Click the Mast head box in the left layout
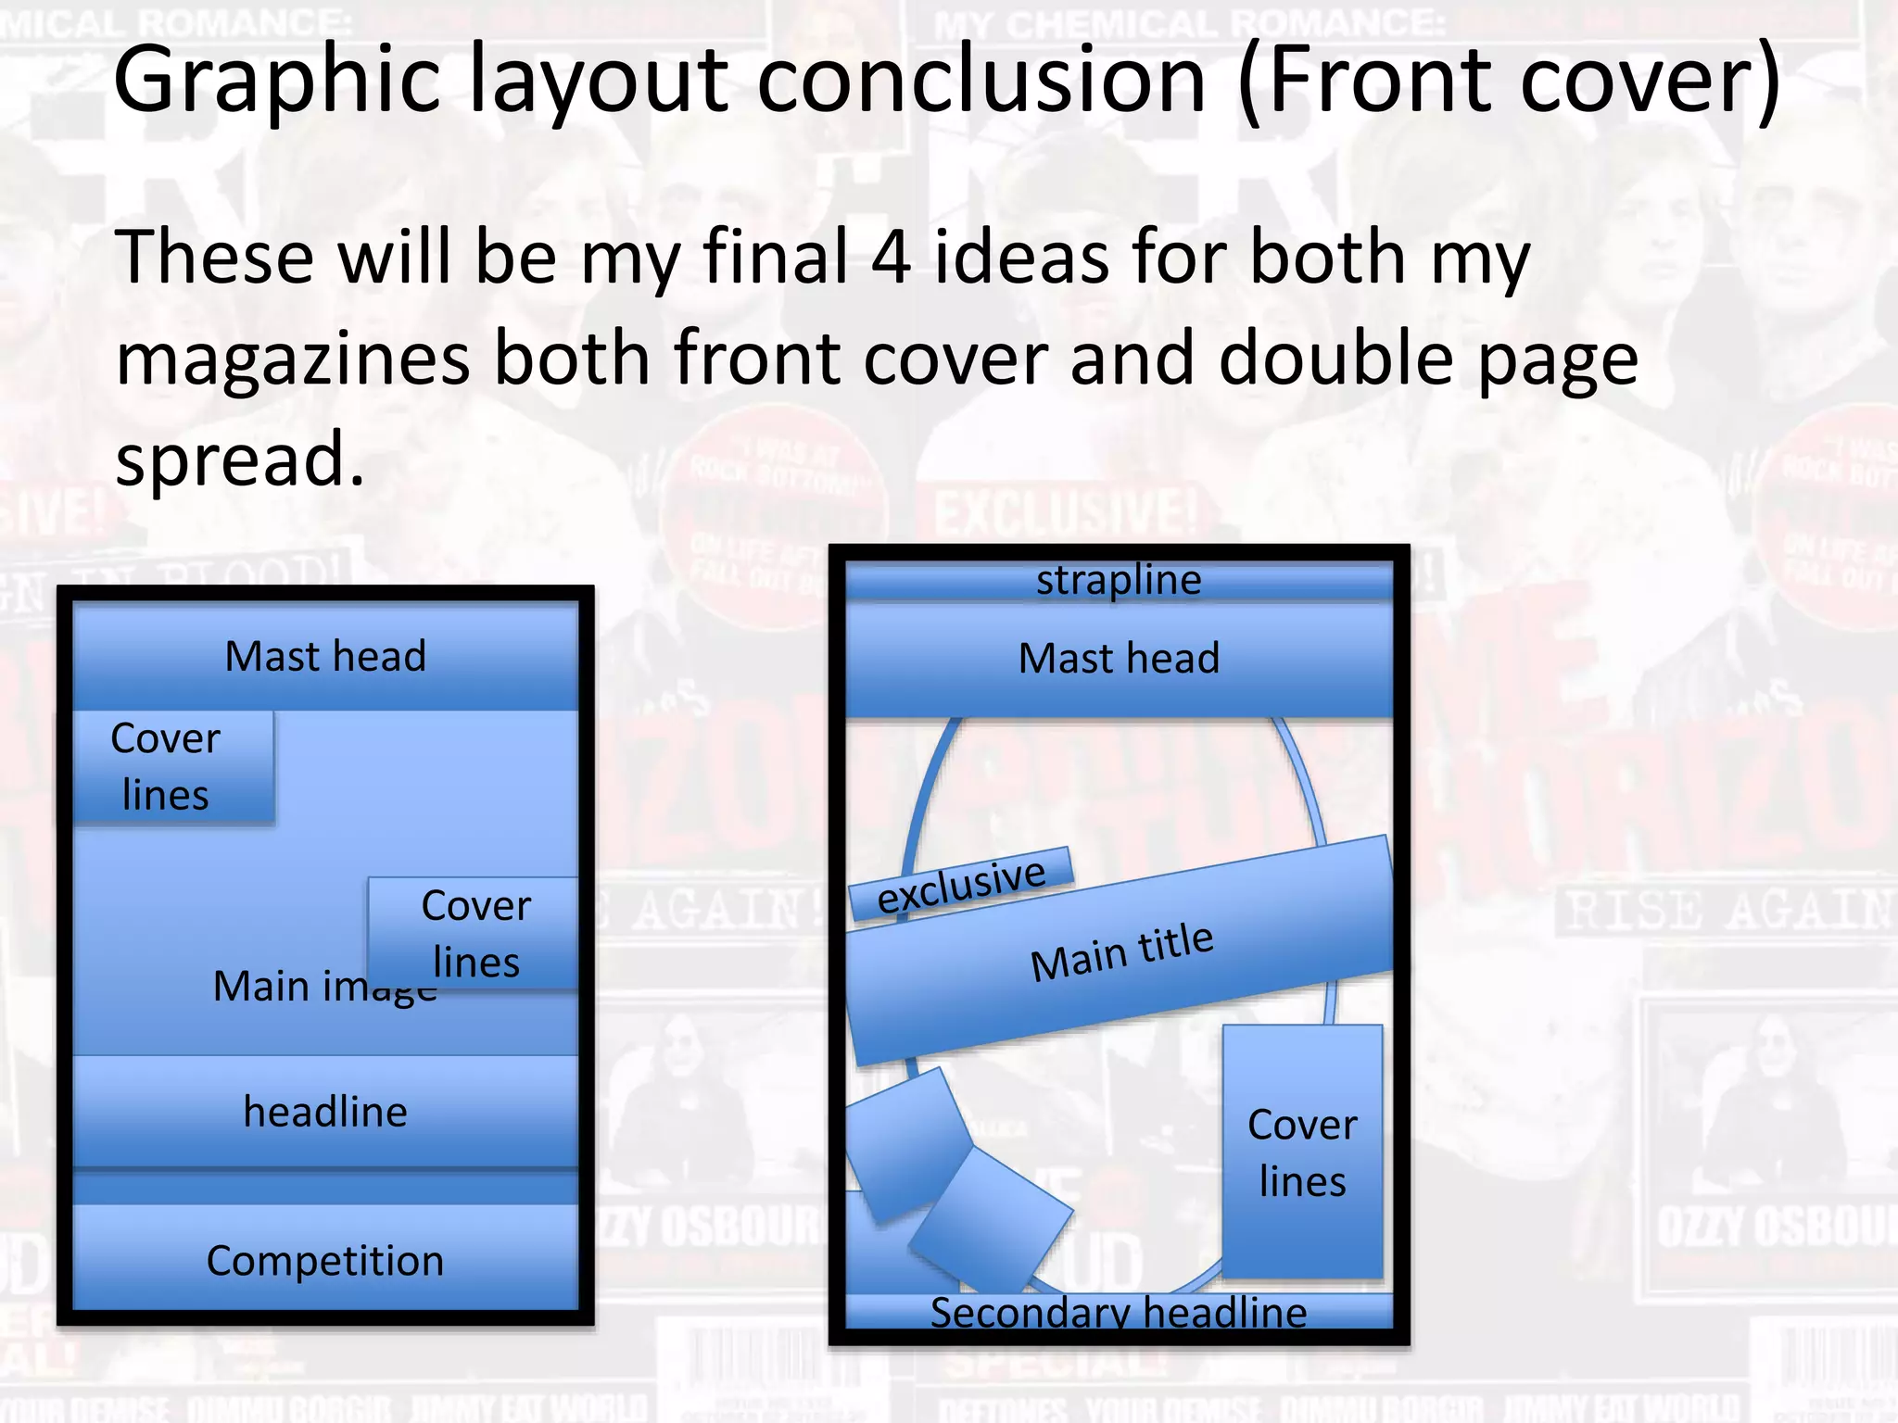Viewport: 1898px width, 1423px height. pyautogui.click(x=325, y=657)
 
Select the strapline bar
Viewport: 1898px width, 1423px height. pyautogui.click(x=1119, y=581)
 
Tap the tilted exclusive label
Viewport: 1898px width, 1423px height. pyautogui.click(x=961, y=885)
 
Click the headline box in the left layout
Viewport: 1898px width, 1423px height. pyautogui.click(x=325, y=1111)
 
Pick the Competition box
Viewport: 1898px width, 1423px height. pyautogui.click(x=325, y=1260)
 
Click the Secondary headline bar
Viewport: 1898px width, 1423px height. pyautogui.click(x=1119, y=1312)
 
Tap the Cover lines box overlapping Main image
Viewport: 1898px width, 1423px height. pyautogui.click(x=474, y=934)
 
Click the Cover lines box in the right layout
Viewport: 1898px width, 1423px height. pyautogui.click(x=1302, y=1152)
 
